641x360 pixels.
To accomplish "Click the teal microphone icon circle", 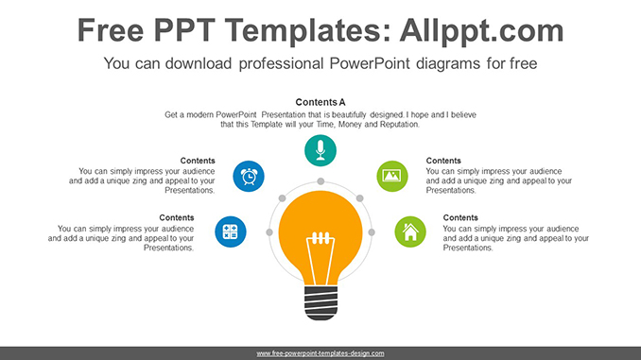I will click(x=320, y=149).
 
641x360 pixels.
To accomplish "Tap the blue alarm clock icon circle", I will click(x=249, y=175).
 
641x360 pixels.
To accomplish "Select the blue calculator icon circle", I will click(x=230, y=231).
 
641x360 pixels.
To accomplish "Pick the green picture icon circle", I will click(x=391, y=175).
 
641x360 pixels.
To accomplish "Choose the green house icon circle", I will click(x=409, y=231).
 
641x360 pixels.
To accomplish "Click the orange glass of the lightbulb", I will click(x=320, y=223).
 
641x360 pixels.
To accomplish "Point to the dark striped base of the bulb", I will click(x=320, y=302).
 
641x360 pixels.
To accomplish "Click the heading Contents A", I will click(x=320, y=102).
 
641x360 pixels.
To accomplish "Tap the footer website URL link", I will click(x=320, y=352).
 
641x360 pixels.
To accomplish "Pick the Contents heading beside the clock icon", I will click(x=198, y=161).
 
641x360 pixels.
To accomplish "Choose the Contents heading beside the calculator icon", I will click(x=177, y=217).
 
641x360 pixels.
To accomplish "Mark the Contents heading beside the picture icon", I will click(x=443, y=161).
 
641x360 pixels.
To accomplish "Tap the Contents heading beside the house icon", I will click(x=460, y=217).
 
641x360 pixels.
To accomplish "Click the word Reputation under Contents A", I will click(x=397, y=124).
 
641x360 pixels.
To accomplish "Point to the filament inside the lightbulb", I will click(x=320, y=248).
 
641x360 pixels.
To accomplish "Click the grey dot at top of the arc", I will click(x=320, y=180).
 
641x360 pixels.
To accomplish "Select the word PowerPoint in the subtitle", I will click(x=357, y=64).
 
